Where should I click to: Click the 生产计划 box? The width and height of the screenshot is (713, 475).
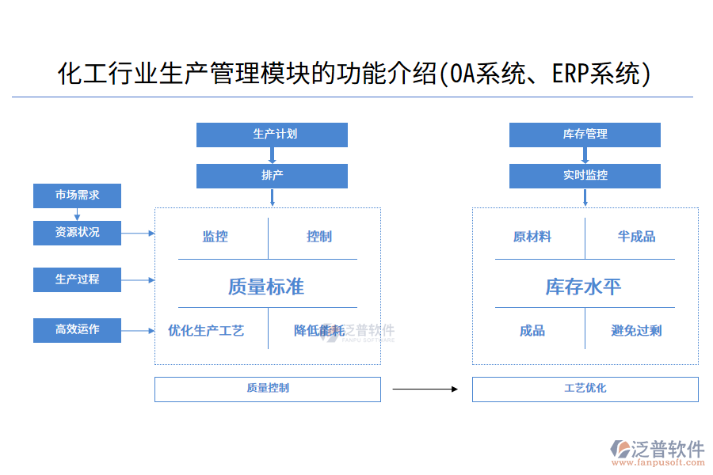pos(272,135)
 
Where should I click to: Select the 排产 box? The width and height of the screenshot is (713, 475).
pos(272,176)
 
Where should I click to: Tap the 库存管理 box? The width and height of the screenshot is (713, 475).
pos(585,135)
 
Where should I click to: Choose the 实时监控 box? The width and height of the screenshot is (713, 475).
pos(585,176)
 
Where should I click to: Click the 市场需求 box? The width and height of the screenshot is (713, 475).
pos(77,196)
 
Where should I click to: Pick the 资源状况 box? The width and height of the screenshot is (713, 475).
pos(77,233)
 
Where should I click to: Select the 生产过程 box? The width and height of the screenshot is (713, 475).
pos(77,279)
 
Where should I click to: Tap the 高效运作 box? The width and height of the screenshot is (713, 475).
pos(77,330)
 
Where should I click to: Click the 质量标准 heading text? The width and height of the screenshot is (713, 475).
pos(266,287)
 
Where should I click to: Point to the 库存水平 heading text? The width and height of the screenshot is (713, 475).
pos(583,287)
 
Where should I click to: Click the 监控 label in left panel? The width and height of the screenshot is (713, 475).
pos(215,237)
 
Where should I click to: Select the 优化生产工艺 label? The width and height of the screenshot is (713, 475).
pos(206,331)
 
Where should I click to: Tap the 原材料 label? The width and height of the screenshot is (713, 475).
pos(532,237)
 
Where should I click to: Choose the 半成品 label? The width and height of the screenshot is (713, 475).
pos(636,237)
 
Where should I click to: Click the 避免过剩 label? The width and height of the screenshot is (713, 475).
pos(636,331)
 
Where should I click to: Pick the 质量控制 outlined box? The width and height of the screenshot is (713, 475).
pos(267,389)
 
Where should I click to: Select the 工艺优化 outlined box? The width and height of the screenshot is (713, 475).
pos(585,389)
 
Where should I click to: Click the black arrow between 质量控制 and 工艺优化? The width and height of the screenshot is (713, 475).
pos(425,389)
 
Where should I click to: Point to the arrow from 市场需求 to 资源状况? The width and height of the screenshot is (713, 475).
pos(77,215)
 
